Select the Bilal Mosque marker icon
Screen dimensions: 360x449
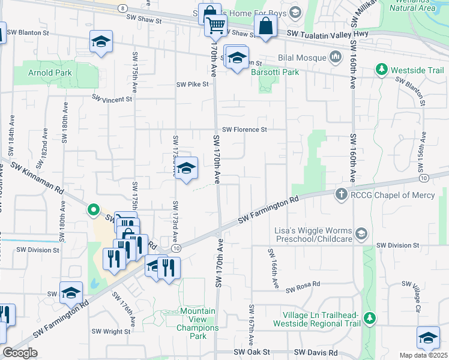click(335, 58)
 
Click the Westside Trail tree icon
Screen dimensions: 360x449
click(381, 70)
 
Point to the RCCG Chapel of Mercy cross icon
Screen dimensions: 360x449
click(341, 194)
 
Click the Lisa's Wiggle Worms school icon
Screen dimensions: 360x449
click(360, 232)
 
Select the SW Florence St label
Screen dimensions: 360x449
click(244, 129)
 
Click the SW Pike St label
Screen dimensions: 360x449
click(192, 85)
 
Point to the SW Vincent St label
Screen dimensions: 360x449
click(112, 98)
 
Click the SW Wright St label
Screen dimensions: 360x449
click(112, 331)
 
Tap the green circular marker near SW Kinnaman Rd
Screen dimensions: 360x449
click(93, 210)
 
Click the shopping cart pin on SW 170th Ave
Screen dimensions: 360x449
click(214, 25)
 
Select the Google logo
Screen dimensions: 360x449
click(20, 353)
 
